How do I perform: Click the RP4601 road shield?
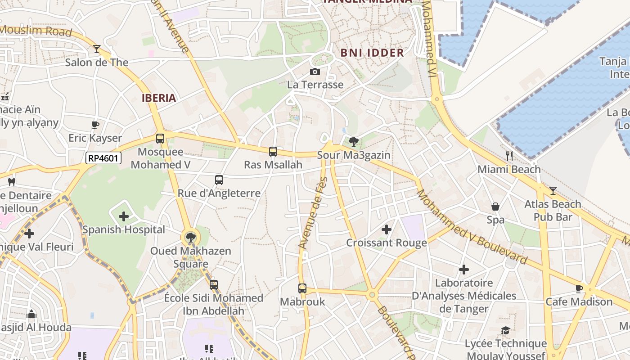tap(103, 158)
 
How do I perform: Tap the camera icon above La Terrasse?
tap(315, 72)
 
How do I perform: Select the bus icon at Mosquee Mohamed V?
tap(160, 139)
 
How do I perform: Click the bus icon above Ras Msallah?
tap(273, 152)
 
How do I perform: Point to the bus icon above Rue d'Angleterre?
tap(219, 180)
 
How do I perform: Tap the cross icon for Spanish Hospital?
tap(124, 216)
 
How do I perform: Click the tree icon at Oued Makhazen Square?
tap(191, 238)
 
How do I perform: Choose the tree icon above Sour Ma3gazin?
tap(354, 142)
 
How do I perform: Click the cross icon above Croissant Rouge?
tap(386, 229)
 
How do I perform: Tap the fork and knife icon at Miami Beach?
tap(509, 156)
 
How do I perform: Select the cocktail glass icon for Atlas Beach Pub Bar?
tap(553, 191)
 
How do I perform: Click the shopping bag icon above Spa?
tap(495, 207)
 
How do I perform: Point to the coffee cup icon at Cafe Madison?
tap(579, 288)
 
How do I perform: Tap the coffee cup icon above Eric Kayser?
tap(95, 125)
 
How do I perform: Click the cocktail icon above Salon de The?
tap(97, 49)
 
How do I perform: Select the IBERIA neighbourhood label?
tap(159, 98)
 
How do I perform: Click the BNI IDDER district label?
tap(372, 53)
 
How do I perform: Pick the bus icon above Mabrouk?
tap(302, 288)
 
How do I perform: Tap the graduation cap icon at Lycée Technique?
tap(505, 331)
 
